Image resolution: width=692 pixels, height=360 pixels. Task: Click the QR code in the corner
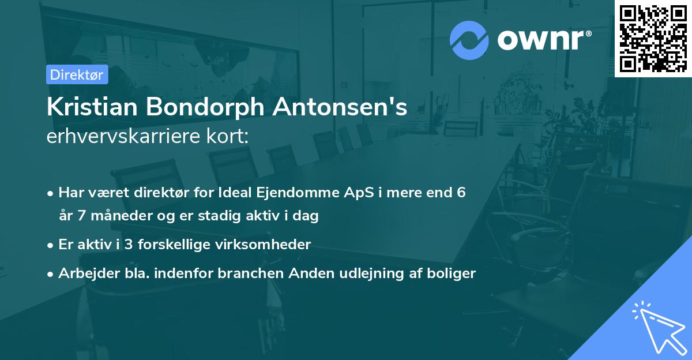[x=653, y=38]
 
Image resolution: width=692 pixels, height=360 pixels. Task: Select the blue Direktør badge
[x=77, y=74]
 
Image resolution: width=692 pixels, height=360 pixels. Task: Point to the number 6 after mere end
[x=461, y=193]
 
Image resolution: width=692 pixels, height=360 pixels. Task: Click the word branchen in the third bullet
[x=247, y=273]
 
